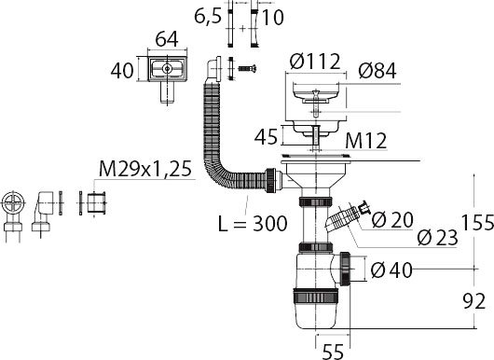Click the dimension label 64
[167, 39]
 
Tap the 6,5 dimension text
[208, 16]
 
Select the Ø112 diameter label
[315, 62]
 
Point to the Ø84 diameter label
[377, 70]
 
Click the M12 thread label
[365, 141]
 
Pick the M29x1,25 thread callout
[145, 169]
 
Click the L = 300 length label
[253, 224]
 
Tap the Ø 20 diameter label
[392, 219]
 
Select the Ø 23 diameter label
[437, 237]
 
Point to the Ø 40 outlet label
[391, 270]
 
